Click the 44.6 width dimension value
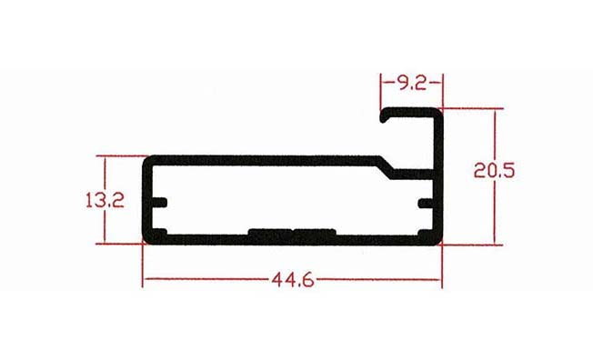tap(293, 280)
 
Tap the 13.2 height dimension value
tap(105, 200)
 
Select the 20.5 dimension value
tap(494, 170)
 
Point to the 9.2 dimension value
tap(412, 83)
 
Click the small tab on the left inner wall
tap(159, 203)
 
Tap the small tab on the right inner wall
tap(426, 204)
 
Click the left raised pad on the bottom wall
tap(270, 232)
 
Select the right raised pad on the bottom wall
tap(315, 232)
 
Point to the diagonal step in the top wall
tap(387, 166)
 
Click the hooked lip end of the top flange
tap(384, 115)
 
